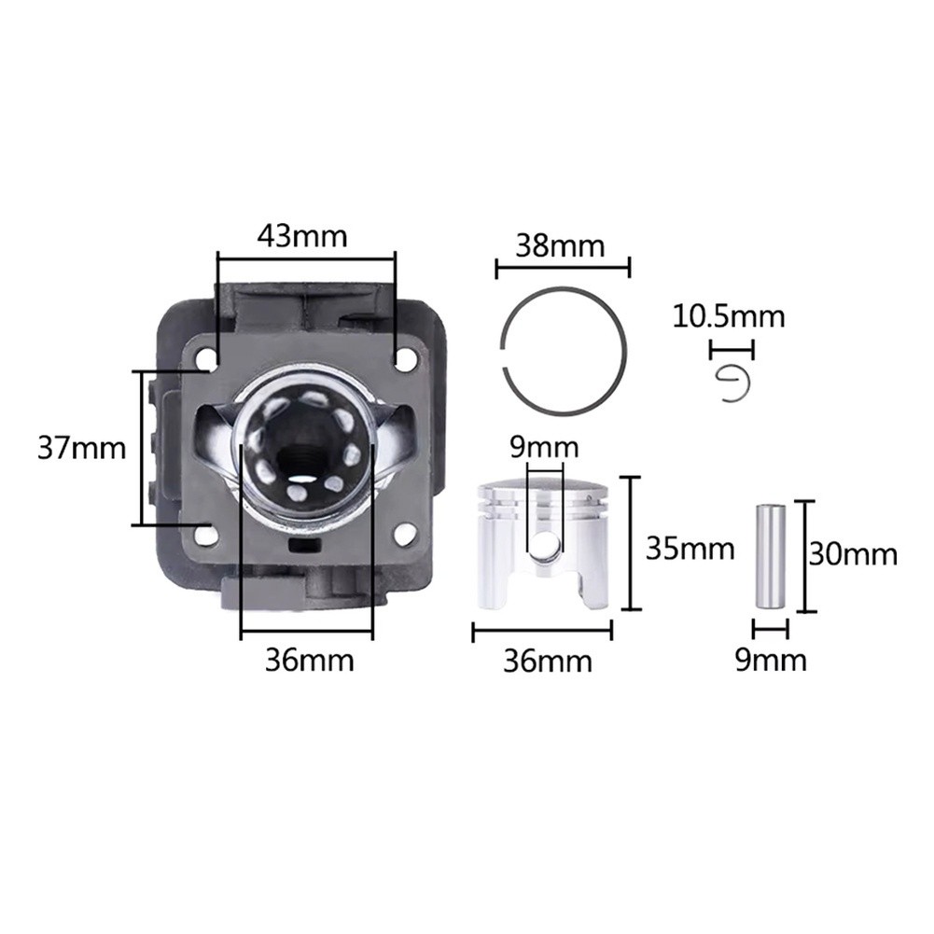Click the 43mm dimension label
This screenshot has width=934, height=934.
coord(302,236)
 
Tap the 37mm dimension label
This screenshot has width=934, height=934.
coord(81,448)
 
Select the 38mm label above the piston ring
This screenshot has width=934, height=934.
coord(560,245)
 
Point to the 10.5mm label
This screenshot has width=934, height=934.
coord(729,316)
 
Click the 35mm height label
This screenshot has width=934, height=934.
coord(690,549)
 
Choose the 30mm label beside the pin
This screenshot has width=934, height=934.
coord(853,554)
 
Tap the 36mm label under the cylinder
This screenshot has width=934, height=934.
coord(309,660)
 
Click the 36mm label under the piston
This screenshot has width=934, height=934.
coord(548,662)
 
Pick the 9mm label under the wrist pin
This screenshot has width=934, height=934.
coord(771,660)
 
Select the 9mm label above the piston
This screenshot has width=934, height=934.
coord(544,447)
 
